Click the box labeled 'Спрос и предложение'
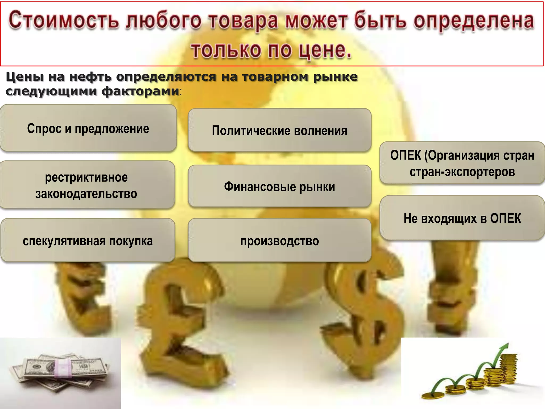(88, 128)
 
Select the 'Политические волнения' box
(279, 130)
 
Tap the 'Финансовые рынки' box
(279, 186)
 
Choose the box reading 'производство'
(279, 241)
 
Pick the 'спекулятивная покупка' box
(88, 241)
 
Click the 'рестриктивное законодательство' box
(87, 185)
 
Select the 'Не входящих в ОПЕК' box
(462, 218)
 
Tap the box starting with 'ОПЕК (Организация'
(462, 163)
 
